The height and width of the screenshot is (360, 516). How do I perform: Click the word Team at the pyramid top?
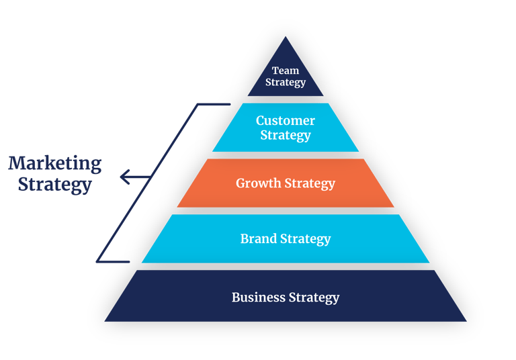coord(286,71)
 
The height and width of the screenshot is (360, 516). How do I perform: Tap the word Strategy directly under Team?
coord(286,83)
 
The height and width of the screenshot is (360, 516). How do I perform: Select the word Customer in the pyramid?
coord(286,121)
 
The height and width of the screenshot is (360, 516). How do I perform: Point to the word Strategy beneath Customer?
coord(286,136)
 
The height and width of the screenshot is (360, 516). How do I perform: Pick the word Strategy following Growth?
coord(310,183)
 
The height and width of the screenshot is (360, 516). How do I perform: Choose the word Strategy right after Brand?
coord(306,239)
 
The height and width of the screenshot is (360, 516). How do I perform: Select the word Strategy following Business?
coord(314,297)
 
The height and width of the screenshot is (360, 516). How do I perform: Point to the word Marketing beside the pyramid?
coord(55,163)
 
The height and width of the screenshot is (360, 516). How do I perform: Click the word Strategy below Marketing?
coord(55,184)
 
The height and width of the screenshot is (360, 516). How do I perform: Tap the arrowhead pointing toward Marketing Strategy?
coord(123,177)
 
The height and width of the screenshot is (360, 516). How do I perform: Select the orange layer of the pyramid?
coord(202,195)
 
